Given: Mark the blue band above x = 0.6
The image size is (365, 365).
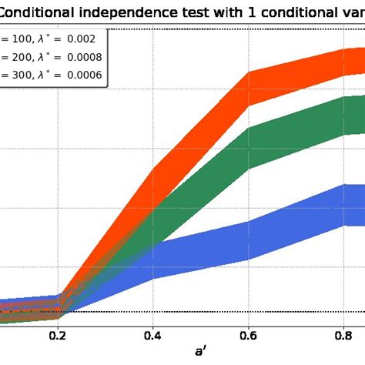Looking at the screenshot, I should click(248, 240).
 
